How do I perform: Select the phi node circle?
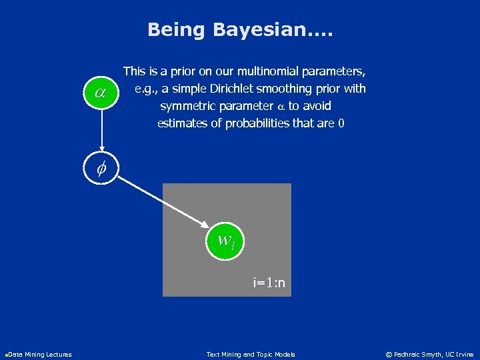101,168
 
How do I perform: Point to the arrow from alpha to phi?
101,131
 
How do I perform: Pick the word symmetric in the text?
187,106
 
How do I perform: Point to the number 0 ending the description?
341,123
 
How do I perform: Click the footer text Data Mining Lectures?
40,354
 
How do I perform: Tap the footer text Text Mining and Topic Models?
251,354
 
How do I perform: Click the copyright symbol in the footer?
389,354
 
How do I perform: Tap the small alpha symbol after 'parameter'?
281,107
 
